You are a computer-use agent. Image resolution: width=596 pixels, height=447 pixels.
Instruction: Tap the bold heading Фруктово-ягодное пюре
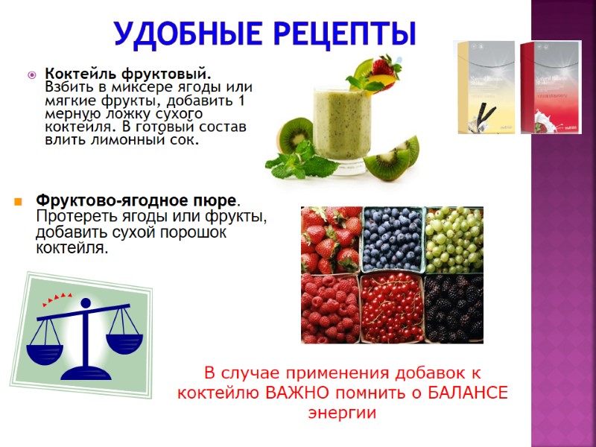(x=138, y=201)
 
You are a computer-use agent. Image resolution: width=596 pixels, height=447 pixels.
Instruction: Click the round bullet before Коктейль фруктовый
(x=32, y=74)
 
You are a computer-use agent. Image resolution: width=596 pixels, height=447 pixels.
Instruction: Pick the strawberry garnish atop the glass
(x=385, y=67)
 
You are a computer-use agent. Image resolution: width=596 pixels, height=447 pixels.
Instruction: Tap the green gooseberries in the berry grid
(x=454, y=238)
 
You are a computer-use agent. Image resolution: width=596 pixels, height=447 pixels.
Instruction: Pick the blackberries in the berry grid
(x=454, y=307)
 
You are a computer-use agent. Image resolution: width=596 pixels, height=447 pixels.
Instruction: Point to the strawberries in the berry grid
(x=331, y=238)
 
